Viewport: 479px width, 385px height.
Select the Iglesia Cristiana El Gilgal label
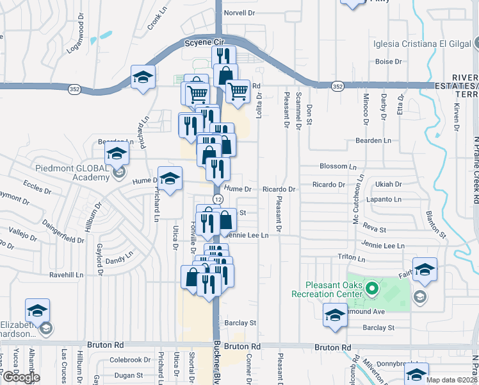click(422, 44)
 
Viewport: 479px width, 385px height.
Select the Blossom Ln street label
click(333, 166)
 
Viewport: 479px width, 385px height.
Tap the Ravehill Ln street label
click(67, 275)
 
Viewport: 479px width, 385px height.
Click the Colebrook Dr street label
click(129, 360)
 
